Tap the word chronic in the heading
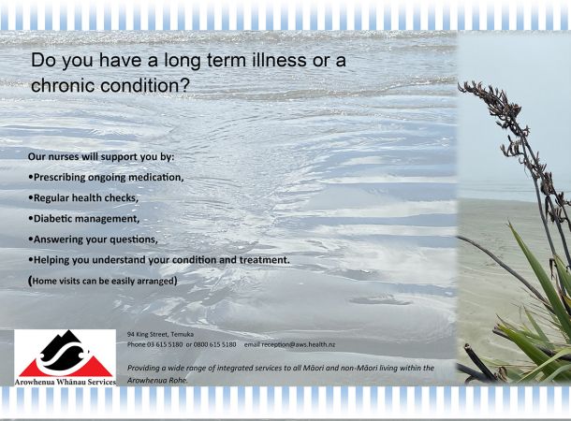pos(63,85)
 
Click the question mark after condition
pos(184,85)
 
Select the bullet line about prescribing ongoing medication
pos(106,177)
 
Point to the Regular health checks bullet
pos(83,198)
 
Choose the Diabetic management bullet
pos(83,219)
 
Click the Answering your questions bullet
pos(93,240)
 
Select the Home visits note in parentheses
pos(103,281)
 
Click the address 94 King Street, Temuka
pos(161,334)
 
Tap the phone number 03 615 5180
pos(165,344)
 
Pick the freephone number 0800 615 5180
pos(215,344)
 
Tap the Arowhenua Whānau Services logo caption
pos(66,382)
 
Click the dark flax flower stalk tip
pos(460,86)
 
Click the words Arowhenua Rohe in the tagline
pos(157,380)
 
